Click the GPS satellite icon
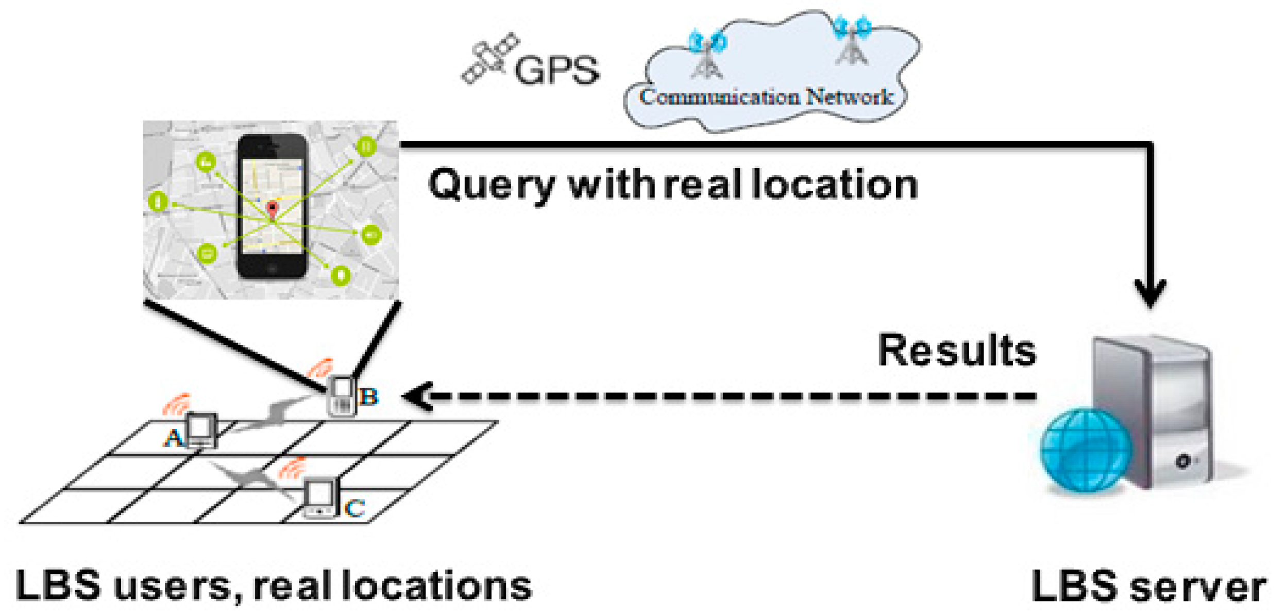[489, 58]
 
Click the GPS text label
[556, 70]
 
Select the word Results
[956, 351]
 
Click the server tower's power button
[1182, 461]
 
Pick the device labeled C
[320, 498]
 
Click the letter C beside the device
[356, 508]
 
